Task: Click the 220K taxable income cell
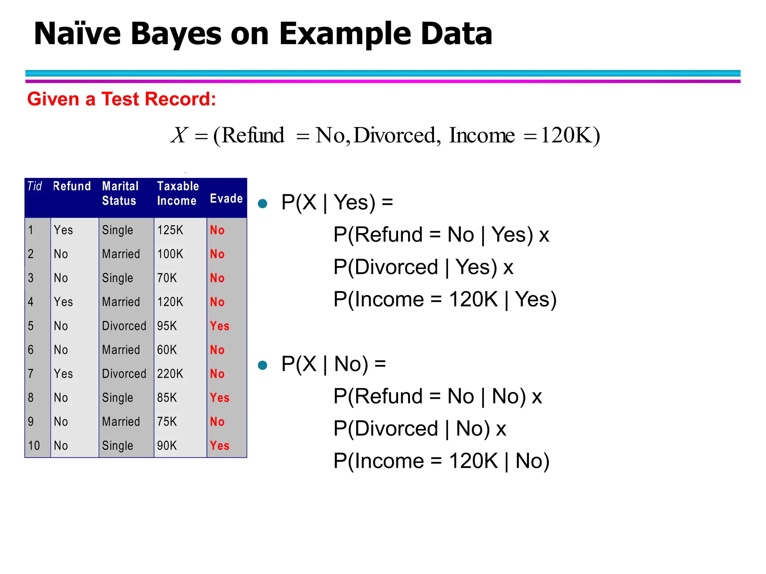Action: click(170, 374)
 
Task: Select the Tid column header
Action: click(34, 186)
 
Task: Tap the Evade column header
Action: click(226, 198)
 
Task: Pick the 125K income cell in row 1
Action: click(170, 230)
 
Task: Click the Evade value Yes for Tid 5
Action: click(220, 326)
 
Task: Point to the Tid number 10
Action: click(34, 445)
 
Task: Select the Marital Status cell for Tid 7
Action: click(124, 374)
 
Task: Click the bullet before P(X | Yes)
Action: click(263, 204)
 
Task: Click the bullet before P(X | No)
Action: click(263, 365)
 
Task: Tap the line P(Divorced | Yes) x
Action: click(423, 267)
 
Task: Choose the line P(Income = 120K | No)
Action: click(441, 461)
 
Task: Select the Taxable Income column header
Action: click(178, 193)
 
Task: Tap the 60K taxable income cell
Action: click(167, 350)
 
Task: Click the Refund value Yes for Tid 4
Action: click(63, 302)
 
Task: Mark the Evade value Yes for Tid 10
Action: click(220, 445)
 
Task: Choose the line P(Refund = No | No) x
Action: click(438, 396)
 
